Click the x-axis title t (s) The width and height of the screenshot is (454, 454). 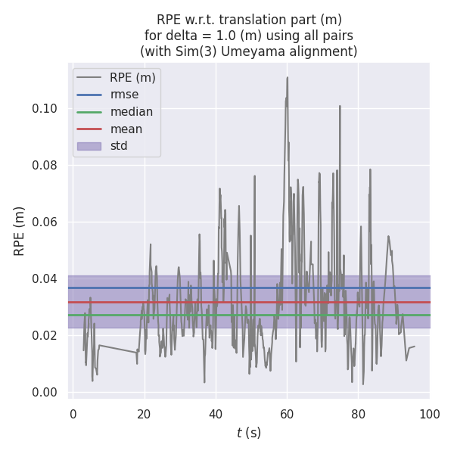click(x=248, y=433)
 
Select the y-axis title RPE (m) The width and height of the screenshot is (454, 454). click(x=20, y=231)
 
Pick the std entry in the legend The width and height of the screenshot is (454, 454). click(x=119, y=146)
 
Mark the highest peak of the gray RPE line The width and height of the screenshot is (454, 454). click(x=288, y=77)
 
